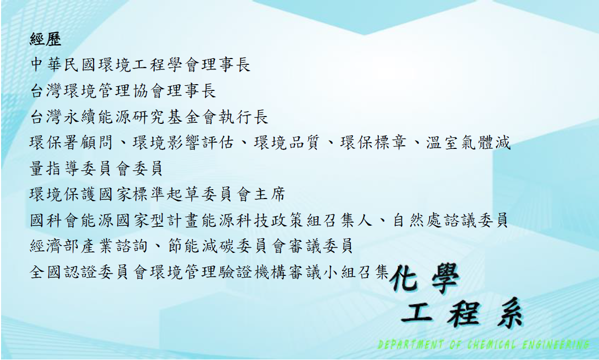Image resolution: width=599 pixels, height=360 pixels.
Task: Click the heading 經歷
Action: (x=45, y=39)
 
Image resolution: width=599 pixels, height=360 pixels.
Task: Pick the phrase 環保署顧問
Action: (x=72, y=143)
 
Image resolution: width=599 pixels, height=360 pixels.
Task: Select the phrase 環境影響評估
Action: (x=183, y=143)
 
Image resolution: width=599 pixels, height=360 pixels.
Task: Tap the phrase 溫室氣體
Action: (x=460, y=143)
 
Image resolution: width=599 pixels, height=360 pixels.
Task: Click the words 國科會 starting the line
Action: (x=54, y=220)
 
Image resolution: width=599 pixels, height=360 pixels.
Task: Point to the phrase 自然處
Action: (x=418, y=220)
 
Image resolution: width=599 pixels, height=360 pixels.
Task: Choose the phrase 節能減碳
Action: (x=201, y=246)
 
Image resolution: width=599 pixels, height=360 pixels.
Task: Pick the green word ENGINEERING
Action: (x=556, y=345)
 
